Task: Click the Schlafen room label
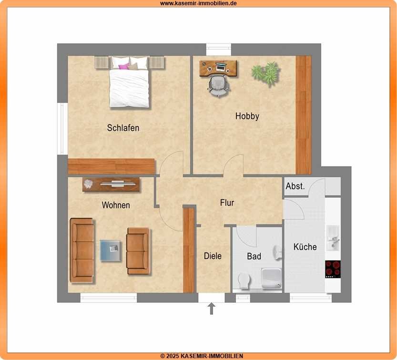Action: click(123, 128)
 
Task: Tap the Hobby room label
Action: click(247, 116)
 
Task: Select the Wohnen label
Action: click(116, 205)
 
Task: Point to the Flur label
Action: click(227, 203)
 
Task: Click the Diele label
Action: click(213, 256)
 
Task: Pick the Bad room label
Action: click(254, 257)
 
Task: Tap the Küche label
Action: click(305, 247)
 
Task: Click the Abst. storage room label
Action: click(295, 186)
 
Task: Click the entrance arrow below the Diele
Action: click(212, 309)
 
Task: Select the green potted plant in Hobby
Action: click(266, 72)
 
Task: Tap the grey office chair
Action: click(219, 86)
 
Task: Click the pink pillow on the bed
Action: click(124, 66)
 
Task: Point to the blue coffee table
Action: click(111, 250)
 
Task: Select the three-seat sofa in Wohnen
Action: click(82, 250)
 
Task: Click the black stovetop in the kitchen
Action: click(333, 269)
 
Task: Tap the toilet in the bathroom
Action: click(244, 281)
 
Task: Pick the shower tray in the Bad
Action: click(272, 278)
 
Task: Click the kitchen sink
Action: click(333, 238)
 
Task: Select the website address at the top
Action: click(198, 3)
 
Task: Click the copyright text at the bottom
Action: click(202, 356)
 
